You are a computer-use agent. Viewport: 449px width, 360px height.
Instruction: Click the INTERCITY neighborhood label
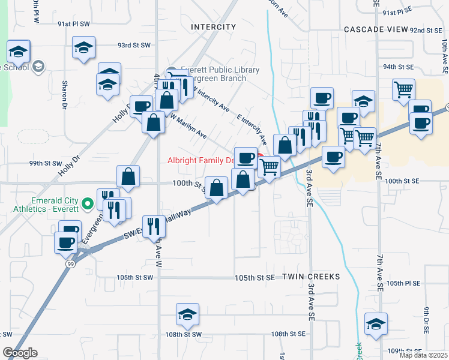pyautogui.click(x=214, y=27)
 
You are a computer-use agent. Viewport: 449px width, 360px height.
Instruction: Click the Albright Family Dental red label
pyautogui.click(x=201, y=161)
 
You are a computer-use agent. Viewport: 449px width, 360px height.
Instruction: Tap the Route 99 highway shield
pyautogui.click(x=70, y=265)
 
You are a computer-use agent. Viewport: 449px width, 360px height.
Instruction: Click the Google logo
pyautogui.click(x=20, y=353)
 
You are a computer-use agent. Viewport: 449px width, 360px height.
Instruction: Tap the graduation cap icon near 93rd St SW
pyautogui.click(x=83, y=47)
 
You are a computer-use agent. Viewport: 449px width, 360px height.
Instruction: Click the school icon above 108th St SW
pyautogui.click(x=187, y=314)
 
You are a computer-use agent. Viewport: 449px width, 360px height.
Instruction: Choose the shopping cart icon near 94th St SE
pyautogui.click(x=403, y=89)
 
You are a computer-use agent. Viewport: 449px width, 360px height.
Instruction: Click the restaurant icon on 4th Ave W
pyautogui.click(x=155, y=226)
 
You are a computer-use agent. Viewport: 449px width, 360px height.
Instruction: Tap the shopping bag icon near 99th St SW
pyautogui.click(x=128, y=176)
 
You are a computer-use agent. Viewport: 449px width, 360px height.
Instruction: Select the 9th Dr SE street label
pyautogui.click(x=425, y=317)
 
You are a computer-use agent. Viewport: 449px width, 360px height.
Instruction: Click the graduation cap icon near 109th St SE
pyautogui.click(x=376, y=324)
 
